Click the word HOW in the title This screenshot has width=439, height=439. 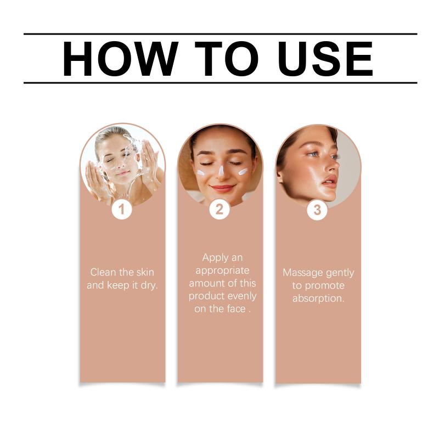tap(121, 59)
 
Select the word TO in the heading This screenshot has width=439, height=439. tap(227, 59)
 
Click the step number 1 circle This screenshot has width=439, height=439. tap(121, 210)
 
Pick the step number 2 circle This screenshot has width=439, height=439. tap(219, 210)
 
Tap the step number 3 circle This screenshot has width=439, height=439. tap(317, 210)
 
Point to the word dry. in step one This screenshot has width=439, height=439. tap(149, 285)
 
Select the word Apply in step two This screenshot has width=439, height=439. tap(212, 258)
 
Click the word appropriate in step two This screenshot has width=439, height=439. tap(222, 271)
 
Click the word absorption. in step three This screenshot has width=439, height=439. tap(318, 299)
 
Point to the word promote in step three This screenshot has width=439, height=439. tap(325, 286)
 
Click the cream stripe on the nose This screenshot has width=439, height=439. tap(221, 171)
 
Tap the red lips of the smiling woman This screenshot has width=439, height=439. tap(223, 188)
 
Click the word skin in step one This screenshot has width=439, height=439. tap(145, 272)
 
